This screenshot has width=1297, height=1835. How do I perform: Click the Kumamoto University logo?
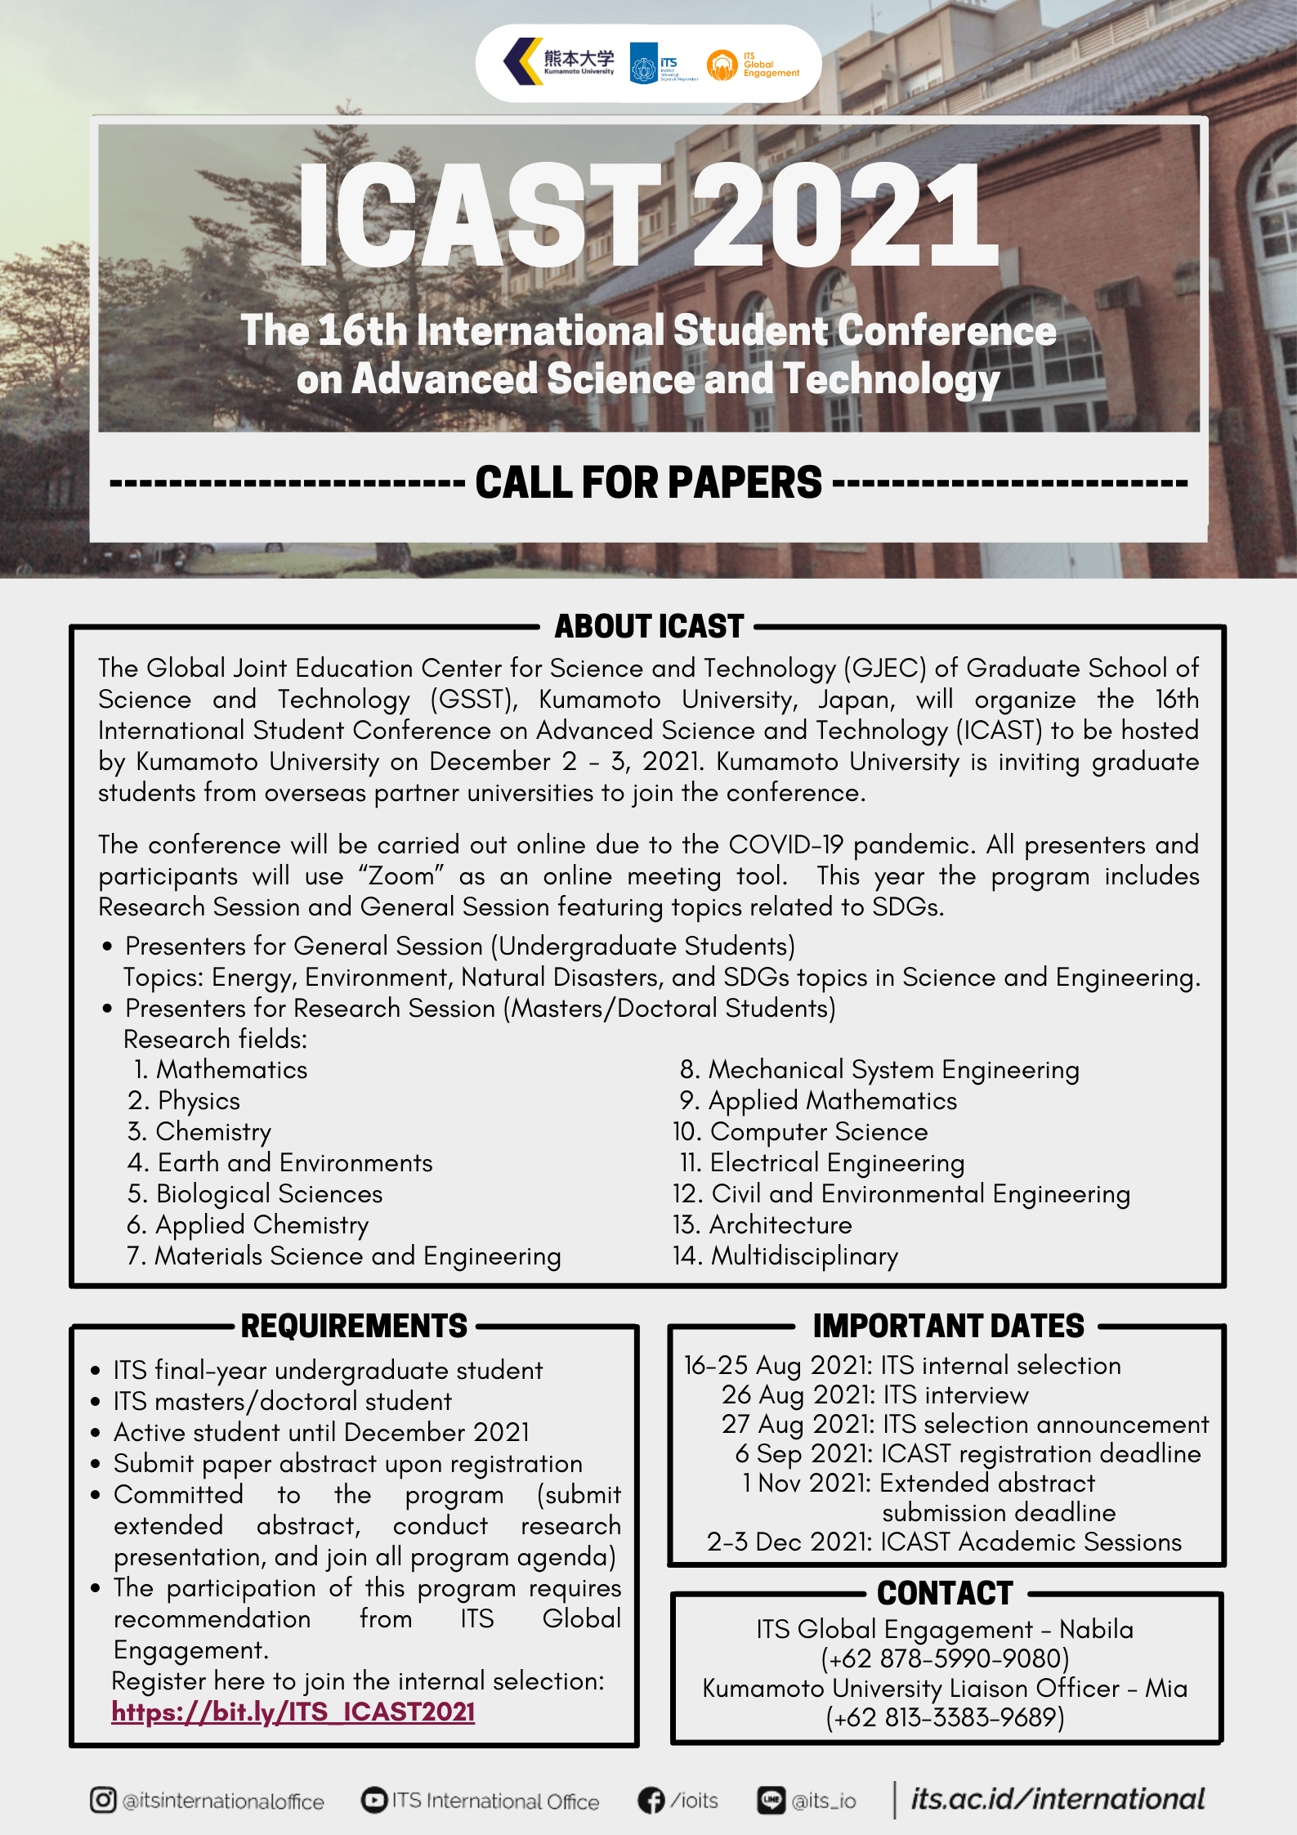tap(558, 62)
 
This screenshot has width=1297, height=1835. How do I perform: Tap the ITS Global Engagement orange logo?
tap(722, 65)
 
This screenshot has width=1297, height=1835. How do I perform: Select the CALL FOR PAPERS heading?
tap(648, 482)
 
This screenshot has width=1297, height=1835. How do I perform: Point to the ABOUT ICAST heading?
tap(649, 626)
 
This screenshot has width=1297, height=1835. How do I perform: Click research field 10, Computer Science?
tap(801, 1132)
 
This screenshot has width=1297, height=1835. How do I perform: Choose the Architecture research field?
tap(763, 1225)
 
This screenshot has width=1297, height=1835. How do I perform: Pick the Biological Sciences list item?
tap(255, 1194)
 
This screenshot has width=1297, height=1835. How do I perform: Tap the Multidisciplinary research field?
tap(786, 1256)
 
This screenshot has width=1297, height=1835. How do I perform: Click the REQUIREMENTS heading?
tap(354, 1326)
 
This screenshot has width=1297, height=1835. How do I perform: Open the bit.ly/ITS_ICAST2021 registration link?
tap(293, 1712)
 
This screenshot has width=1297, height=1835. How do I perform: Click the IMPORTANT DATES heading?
tap(948, 1326)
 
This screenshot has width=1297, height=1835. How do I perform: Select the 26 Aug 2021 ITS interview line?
tap(874, 1395)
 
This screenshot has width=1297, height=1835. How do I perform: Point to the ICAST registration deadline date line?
tap(968, 1454)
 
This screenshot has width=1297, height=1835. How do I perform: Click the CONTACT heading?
tap(945, 1593)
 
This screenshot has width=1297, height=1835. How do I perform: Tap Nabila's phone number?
tap(945, 1658)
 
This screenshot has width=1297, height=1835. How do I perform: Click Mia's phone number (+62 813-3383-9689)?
tap(945, 1717)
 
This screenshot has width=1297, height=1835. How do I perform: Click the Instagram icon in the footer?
tap(103, 1800)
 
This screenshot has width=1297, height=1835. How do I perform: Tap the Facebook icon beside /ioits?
tap(651, 1801)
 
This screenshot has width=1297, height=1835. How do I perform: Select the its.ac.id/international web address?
tap(1058, 1799)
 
